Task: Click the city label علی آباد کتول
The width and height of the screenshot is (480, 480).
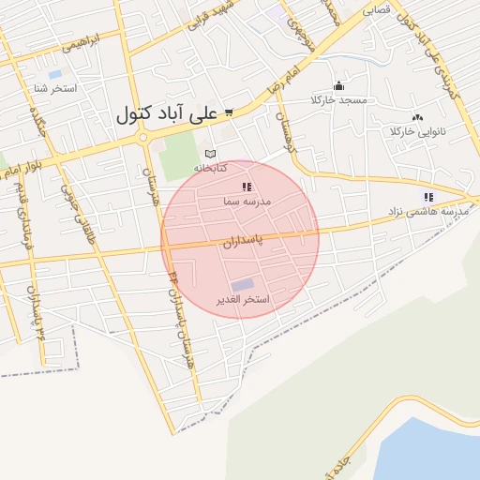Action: point(167,113)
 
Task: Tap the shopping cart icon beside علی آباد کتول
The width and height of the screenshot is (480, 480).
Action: point(228,112)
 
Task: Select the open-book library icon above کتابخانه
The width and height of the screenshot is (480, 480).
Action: point(211,153)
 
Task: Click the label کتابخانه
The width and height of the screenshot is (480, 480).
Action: point(211,167)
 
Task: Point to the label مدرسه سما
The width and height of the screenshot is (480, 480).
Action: point(247,201)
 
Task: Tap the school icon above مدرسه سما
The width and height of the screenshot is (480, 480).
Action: point(247,187)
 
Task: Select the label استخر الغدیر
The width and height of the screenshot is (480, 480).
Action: point(243,300)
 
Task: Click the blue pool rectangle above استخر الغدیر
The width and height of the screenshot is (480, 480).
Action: point(242,284)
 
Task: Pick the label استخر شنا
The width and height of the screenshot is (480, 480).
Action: point(55,88)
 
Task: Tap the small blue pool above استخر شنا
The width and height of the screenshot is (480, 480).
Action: point(54,74)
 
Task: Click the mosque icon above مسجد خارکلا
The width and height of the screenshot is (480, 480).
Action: point(338,85)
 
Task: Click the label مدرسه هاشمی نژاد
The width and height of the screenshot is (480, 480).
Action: point(433,212)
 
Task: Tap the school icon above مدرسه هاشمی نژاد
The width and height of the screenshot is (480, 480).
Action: point(428,197)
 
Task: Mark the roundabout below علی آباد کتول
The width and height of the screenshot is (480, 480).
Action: point(143,137)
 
